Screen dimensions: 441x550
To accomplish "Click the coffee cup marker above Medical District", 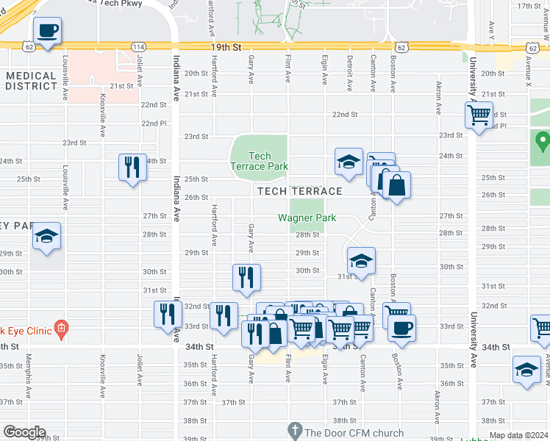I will pos(47,32).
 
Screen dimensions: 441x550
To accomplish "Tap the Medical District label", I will pos(30,81).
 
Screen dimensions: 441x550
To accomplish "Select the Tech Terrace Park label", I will pos(260,161).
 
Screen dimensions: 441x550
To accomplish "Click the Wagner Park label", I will pos(307,218).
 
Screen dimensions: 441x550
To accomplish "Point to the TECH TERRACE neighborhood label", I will pos(299,191).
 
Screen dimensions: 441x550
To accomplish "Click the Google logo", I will pos(24,432).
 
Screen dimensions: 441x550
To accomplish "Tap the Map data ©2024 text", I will pos(518,435).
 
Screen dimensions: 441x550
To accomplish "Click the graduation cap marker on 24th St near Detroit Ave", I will pos(349,162).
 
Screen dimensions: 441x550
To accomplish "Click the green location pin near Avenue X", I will pos(543,140).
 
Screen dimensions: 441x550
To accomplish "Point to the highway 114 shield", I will pos(138,47).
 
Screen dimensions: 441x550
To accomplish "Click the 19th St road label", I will pos(226,47).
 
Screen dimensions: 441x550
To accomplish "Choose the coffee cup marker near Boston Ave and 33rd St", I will pos(401,327).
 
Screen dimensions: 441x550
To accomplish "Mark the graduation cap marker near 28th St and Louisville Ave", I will pos(47,237).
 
